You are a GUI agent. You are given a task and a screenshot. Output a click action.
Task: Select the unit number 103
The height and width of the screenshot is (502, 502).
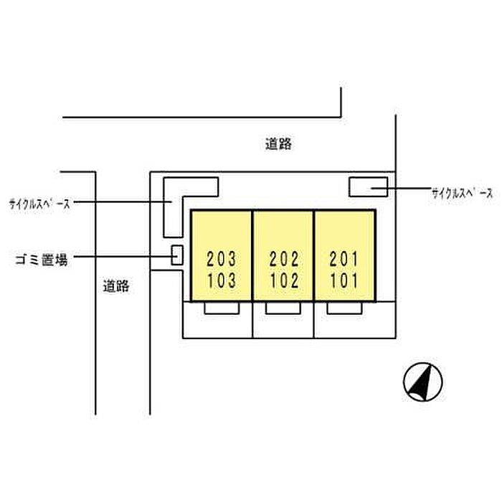point(221,280)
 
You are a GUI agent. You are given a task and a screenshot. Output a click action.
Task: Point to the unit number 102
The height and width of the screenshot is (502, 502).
point(283,280)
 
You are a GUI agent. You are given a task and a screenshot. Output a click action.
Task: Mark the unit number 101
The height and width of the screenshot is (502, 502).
point(344,280)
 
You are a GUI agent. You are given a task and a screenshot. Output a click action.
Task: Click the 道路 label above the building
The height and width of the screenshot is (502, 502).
point(278,144)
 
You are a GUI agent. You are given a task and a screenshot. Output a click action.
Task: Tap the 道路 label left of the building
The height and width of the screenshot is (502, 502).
point(115,286)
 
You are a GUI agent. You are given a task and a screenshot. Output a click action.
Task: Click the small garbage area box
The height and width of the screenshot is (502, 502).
point(177,255)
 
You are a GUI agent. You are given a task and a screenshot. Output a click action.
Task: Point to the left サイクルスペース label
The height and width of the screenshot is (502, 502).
point(39,204)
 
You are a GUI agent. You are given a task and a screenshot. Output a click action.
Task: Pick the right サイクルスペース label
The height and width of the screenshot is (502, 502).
point(463,192)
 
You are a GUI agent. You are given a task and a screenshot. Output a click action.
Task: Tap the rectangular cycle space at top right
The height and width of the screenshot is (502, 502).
point(368,187)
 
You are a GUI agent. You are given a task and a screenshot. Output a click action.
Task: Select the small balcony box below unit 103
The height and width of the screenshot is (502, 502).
point(221,308)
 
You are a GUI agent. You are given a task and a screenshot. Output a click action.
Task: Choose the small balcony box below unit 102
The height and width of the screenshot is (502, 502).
point(283,308)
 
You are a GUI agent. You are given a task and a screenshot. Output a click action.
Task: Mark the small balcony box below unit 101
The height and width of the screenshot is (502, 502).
point(344,308)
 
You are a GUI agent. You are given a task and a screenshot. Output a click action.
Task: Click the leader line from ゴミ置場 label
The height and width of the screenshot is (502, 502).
point(122,255)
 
